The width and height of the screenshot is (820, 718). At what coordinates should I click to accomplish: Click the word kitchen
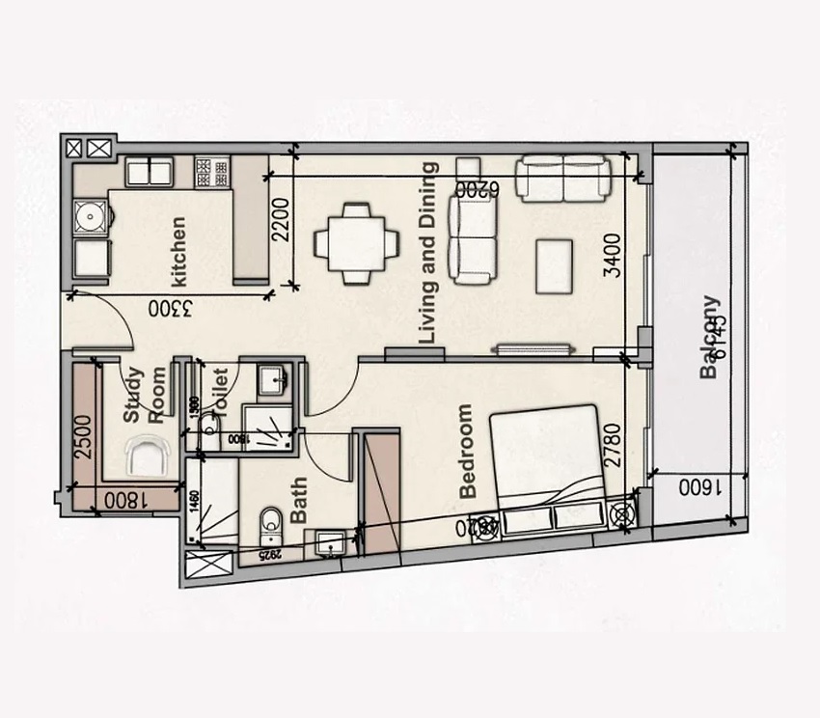(178, 251)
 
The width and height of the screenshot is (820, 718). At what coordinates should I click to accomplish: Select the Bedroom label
(469, 451)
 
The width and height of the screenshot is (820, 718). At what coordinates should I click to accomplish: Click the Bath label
(298, 499)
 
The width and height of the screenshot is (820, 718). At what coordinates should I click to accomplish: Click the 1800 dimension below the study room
(123, 500)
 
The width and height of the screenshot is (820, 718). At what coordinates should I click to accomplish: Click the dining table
(356, 243)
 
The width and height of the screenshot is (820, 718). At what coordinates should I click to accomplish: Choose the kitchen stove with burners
(212, 173)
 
